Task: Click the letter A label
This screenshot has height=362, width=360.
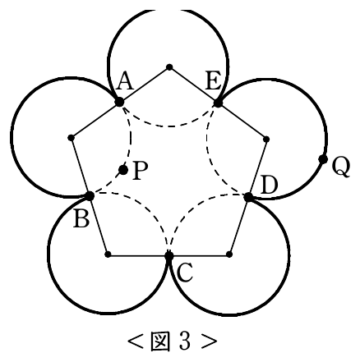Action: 125,82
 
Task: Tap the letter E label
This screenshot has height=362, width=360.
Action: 214,81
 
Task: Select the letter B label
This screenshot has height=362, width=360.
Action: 81,219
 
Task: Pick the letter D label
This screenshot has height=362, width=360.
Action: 269,186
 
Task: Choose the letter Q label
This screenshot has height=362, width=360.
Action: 341,167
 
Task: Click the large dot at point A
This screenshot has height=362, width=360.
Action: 119,102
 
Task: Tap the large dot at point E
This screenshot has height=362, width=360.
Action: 218,103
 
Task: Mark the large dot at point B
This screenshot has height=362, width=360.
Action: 90,195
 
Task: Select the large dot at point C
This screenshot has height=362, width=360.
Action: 169,255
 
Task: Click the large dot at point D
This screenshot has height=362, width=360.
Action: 248,197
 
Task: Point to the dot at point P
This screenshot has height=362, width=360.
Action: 123,170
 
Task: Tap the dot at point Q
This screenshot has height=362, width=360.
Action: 323,159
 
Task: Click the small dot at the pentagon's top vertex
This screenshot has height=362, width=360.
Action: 169,67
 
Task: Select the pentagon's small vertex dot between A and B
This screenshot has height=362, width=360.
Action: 71,137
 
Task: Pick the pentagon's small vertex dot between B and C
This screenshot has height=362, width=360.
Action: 108,254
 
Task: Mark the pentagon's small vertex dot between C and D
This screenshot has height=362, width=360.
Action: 229,254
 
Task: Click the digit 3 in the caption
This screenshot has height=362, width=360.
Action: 185,341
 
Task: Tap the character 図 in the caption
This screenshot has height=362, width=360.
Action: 159,341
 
